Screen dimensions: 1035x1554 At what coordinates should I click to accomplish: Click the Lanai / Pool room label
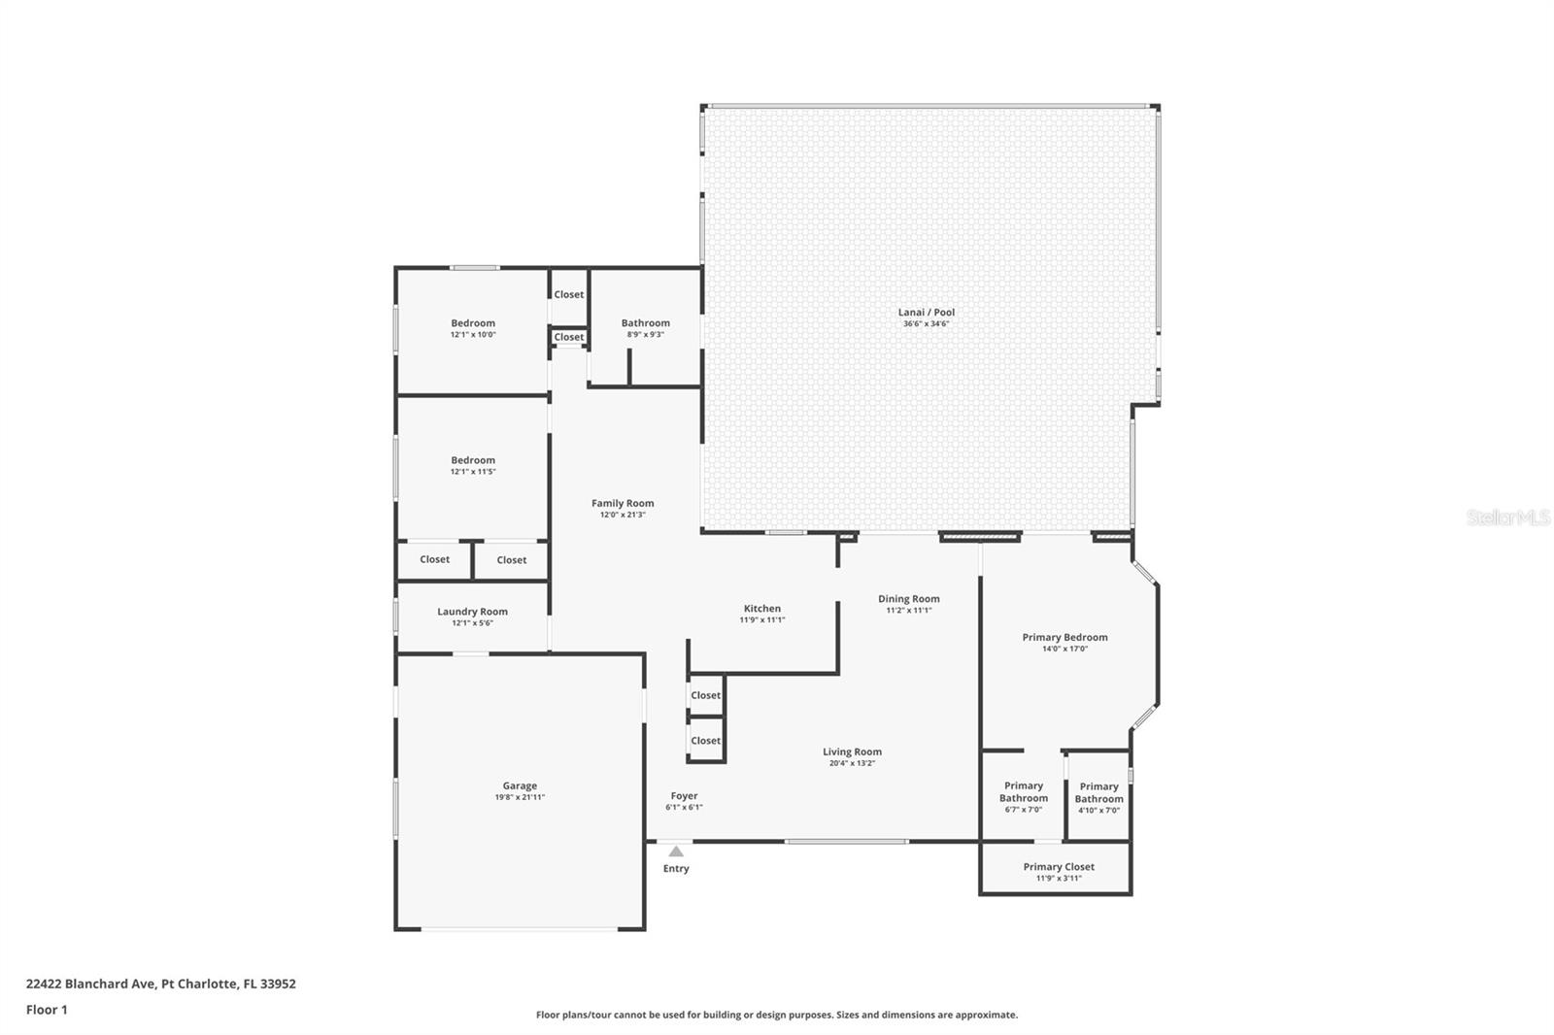click(x=926, y=313)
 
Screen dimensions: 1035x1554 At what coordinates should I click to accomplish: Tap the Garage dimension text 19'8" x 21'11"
click(x=520, y=798)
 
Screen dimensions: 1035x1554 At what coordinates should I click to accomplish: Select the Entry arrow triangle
click(x=676, y=851)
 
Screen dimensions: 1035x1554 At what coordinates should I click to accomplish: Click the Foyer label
click(x=684, y=796)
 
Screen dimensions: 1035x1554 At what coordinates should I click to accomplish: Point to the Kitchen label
click(x=762, y=609)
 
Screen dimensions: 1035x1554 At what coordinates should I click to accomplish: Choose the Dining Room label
click(x=908, y=599)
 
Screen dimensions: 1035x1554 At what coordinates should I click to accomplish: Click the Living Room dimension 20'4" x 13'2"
click(x=852, y=763)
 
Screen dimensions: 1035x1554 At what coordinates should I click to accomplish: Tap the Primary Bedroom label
click(x=1064, y=638)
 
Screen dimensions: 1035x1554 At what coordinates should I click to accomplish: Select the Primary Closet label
click(x=1058, y=867)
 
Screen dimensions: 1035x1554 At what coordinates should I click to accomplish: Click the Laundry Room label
click(x=472, y=612)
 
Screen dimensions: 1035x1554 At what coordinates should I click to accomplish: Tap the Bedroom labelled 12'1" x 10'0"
click(x=473, y=323)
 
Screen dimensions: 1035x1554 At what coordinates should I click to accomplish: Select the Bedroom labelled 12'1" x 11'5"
click(x=473, y=460)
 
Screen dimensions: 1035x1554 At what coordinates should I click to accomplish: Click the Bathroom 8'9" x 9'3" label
click(x=645, y=323)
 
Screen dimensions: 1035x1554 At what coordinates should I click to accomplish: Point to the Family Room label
click(x=623, y=503)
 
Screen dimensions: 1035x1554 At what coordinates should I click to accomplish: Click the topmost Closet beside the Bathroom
click(x=569, y=294)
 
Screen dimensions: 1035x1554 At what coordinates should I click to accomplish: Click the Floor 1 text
click(x=47, y=1010)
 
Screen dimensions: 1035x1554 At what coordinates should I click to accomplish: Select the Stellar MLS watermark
click(x=1507, y=517)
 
